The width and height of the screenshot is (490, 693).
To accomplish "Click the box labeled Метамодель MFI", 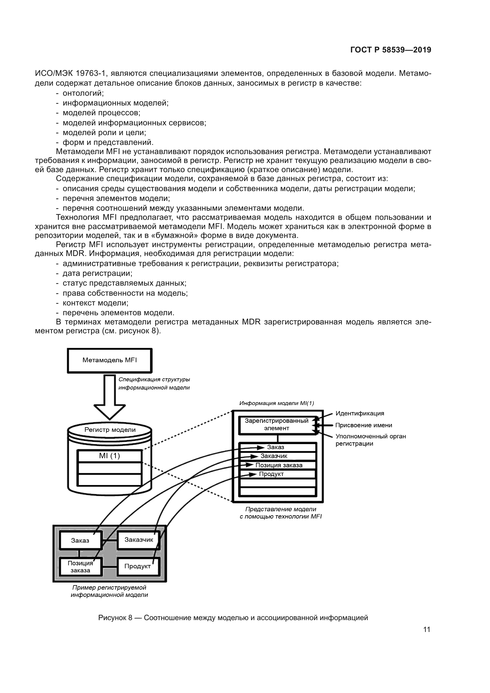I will (x=110, y=360).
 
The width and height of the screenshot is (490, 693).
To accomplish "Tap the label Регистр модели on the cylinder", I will (x=110, y=430).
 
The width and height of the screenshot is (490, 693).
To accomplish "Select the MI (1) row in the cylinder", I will (x=110, y=456).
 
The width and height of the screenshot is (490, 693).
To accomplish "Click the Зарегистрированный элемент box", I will (x=276, y=424).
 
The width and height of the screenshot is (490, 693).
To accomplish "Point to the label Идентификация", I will (x=360, y=414).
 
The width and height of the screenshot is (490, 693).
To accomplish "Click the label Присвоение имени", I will (x=364, y=425).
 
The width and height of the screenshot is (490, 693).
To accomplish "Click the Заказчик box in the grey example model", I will (x=139, y=540).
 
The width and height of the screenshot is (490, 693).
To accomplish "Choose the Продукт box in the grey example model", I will (x=137, y=566).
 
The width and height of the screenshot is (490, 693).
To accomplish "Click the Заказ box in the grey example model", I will (x=80, y=541).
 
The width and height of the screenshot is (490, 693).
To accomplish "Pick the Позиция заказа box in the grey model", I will (x=80, y=566).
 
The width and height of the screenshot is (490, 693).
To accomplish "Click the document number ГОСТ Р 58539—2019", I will (x=391, y=50).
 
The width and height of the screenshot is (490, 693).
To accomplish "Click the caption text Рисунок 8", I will (x=115, y=618).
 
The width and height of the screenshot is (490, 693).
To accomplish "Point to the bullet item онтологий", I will (x=83, y=93).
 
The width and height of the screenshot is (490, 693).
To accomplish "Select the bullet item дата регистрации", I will (x=97, y=273).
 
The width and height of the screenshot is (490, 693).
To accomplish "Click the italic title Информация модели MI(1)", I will (x=276, y=403).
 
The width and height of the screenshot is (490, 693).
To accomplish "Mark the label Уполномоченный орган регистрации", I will (x=371, y=440).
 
